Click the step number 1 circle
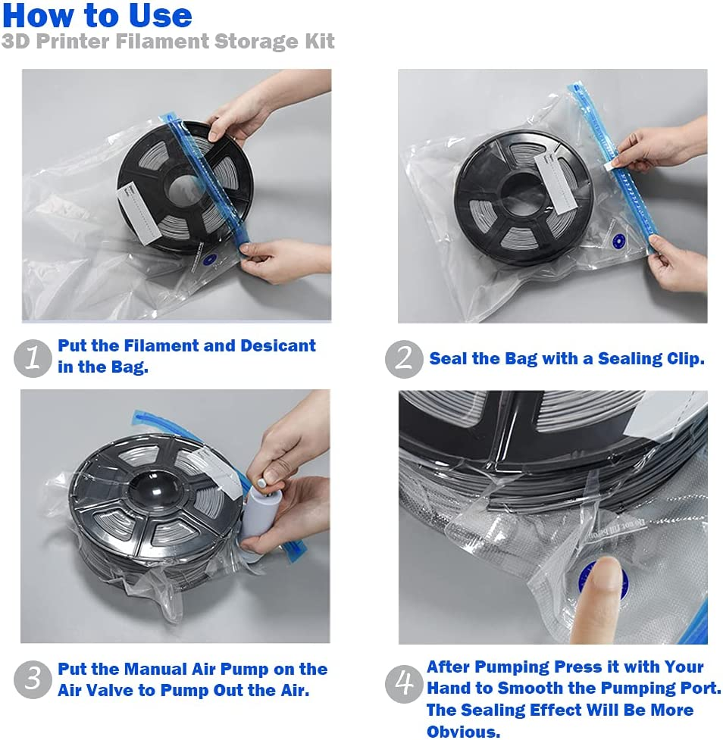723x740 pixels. coord(33,358)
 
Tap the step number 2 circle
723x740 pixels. coord(403,359)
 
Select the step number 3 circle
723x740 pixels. coord(33,679)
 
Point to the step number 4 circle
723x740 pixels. coord(403,685)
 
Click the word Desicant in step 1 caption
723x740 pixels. coord(277,346)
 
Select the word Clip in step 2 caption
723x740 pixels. coord(687,359)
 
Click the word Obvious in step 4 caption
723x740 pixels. coord(462,732)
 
